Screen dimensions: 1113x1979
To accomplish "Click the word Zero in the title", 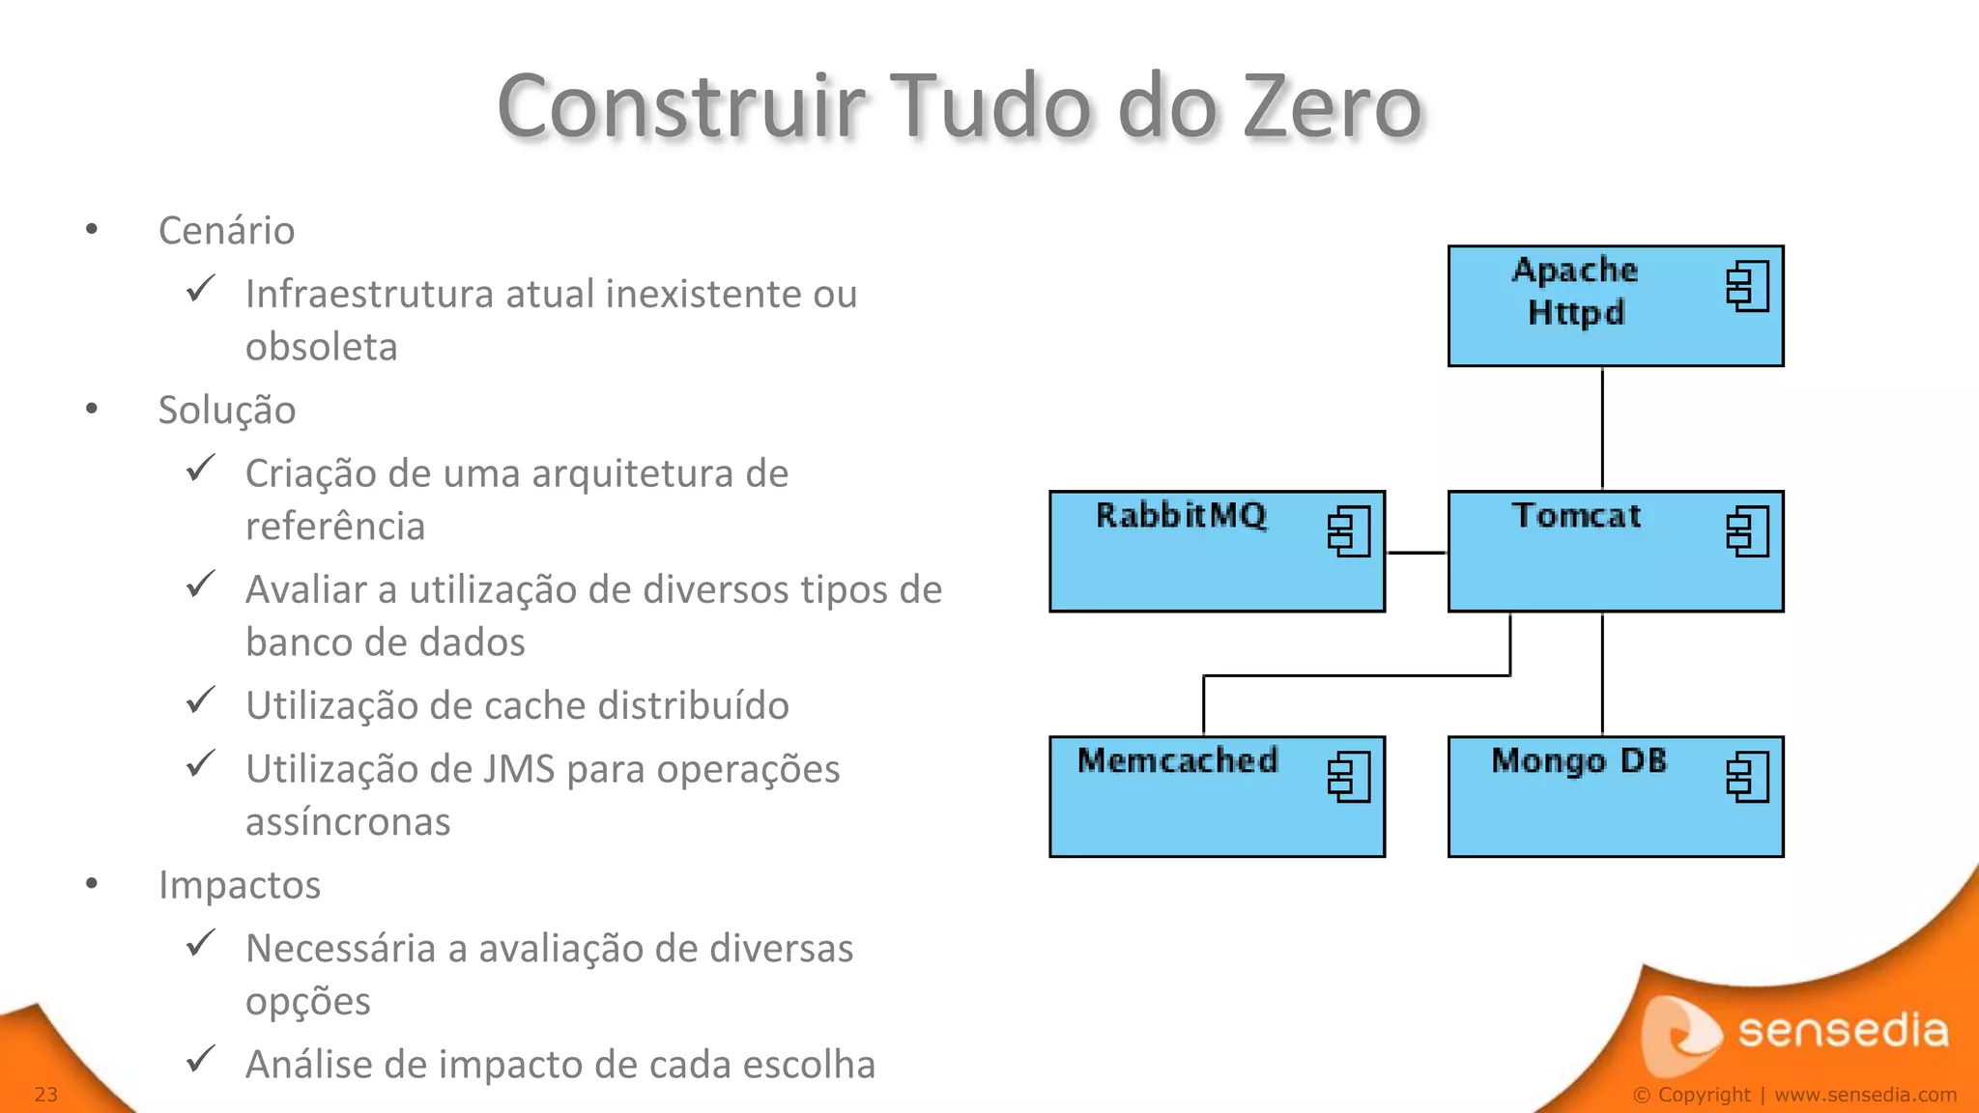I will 1332,106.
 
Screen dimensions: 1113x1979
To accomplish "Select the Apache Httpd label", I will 1576,291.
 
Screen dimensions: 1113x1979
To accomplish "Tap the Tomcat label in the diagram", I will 1576,516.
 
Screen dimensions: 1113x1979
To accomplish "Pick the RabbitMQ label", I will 1181,516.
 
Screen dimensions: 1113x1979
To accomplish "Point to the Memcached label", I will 1177,761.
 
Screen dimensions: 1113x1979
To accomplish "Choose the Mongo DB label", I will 1579,761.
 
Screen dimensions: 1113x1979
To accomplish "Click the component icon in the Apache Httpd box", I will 1747,286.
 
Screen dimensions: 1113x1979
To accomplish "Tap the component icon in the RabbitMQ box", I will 1349,531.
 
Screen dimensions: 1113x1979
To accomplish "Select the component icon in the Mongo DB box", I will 1747,777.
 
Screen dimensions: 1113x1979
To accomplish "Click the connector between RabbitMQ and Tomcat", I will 1417,553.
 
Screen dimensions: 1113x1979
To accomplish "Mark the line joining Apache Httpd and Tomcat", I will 1602,429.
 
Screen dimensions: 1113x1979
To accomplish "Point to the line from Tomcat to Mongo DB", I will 1602,674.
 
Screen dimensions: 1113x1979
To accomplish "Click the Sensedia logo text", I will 1842,1032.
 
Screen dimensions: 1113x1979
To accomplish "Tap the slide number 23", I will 46,1095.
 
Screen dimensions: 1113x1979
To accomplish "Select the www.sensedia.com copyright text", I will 1865,1095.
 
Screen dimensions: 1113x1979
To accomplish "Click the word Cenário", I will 226,231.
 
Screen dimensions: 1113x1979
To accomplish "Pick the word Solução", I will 227,411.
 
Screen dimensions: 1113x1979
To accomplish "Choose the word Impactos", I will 240,885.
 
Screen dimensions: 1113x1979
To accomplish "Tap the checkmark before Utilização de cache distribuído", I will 200,700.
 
